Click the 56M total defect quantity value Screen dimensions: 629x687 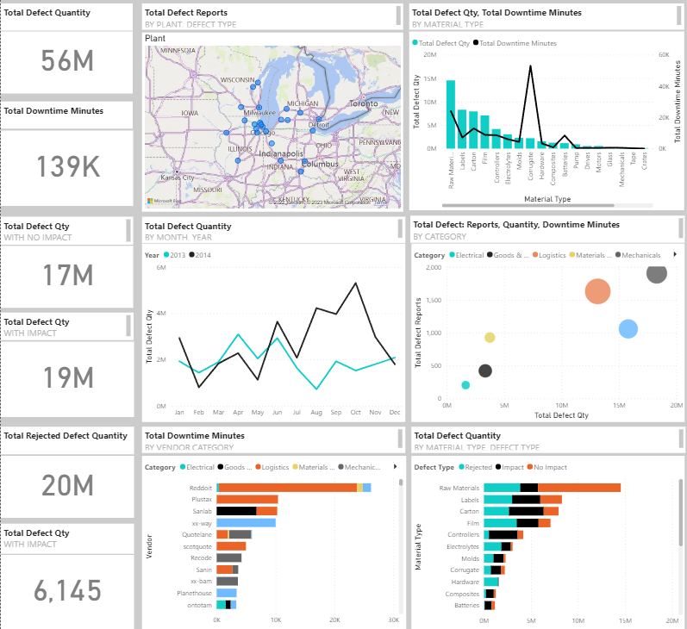[x=67, y=60]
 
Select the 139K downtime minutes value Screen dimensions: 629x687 [x=67, y=166]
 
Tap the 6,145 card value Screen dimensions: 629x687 [x=67, y=590]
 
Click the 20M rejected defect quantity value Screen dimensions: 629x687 [x=67, y=485]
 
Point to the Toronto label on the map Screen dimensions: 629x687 [x=362, y=103]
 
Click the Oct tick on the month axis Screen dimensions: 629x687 [x=356, y=413]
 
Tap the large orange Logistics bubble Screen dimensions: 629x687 [x=597, y=292]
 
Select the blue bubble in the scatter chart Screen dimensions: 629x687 [x=628, y=328]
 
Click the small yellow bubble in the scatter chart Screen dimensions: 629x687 [x=490, y=338]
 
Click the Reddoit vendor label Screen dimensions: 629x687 [x=200, y=488]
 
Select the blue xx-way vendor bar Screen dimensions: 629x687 [x=246, y=522]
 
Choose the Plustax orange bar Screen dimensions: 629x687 [x=247, y=499]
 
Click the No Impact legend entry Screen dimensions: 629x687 [x=550, y=466]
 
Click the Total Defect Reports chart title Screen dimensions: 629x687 [x=186, y=13]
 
